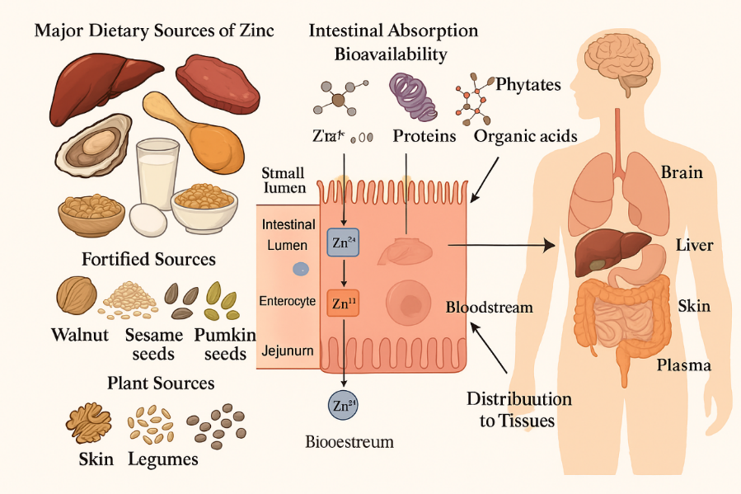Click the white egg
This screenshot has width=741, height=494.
coord(148,220)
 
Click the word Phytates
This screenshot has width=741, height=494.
coord(528,84)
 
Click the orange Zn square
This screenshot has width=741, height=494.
coord(342,303)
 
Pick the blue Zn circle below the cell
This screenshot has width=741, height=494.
coord(342,405)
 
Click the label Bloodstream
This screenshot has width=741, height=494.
coord(490,307)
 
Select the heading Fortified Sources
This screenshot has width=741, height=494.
coord(148,259)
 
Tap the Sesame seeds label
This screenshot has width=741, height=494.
coord(153,344)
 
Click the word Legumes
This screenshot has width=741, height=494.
coord(163,459)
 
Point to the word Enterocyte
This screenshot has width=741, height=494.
coord(287,301)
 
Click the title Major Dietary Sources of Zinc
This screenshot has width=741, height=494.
coord(154,31)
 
